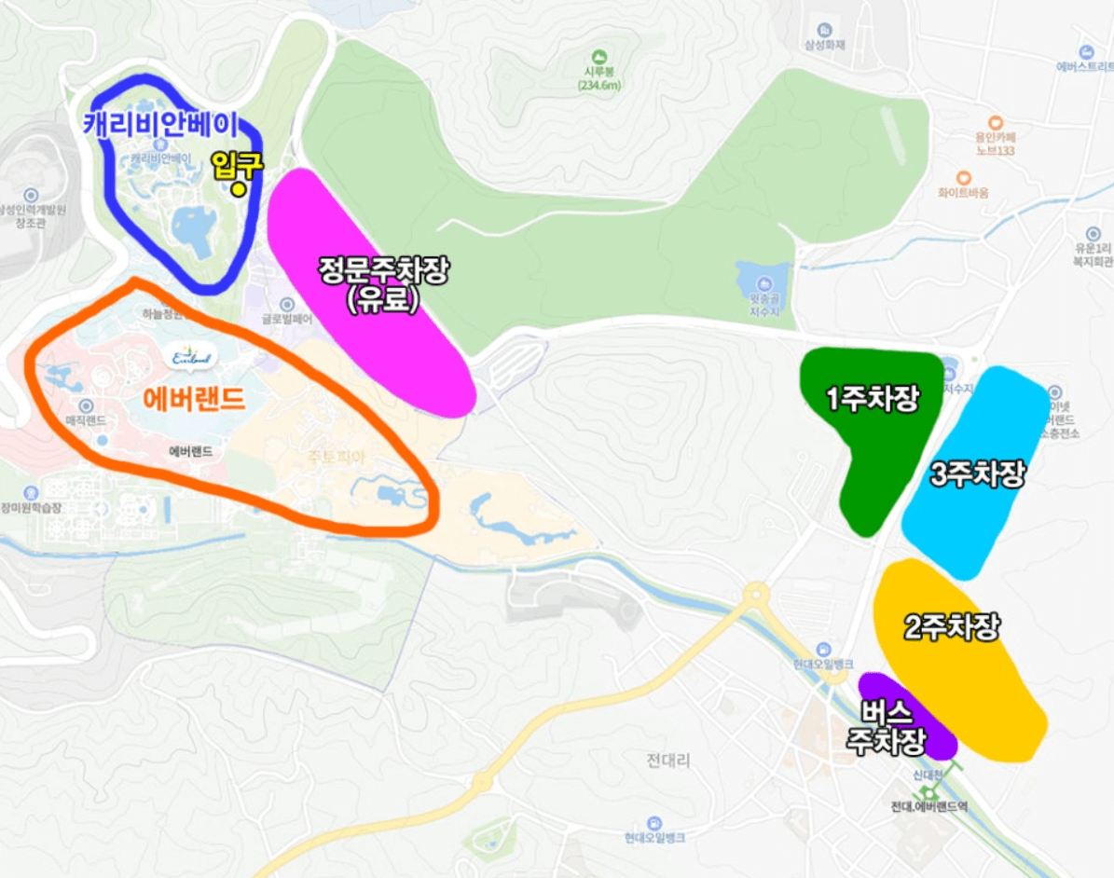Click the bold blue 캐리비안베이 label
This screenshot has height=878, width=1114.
click(160, 125)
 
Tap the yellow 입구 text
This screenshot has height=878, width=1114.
click(237, 165)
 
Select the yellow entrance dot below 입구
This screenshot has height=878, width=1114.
click(240, 189)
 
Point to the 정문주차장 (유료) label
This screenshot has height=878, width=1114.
click(383, 284)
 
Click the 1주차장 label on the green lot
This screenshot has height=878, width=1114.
click(873, 399)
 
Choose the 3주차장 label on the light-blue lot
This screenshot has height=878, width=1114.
click(978, 473)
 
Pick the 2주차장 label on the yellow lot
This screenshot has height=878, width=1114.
click(952, 627)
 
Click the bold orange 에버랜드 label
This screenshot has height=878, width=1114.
click(194, 400)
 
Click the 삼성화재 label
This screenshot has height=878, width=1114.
click(824, 44)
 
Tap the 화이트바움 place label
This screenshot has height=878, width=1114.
click(963, 192)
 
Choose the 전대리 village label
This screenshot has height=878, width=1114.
click(668, 761)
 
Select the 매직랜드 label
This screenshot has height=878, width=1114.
click(86, 422)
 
